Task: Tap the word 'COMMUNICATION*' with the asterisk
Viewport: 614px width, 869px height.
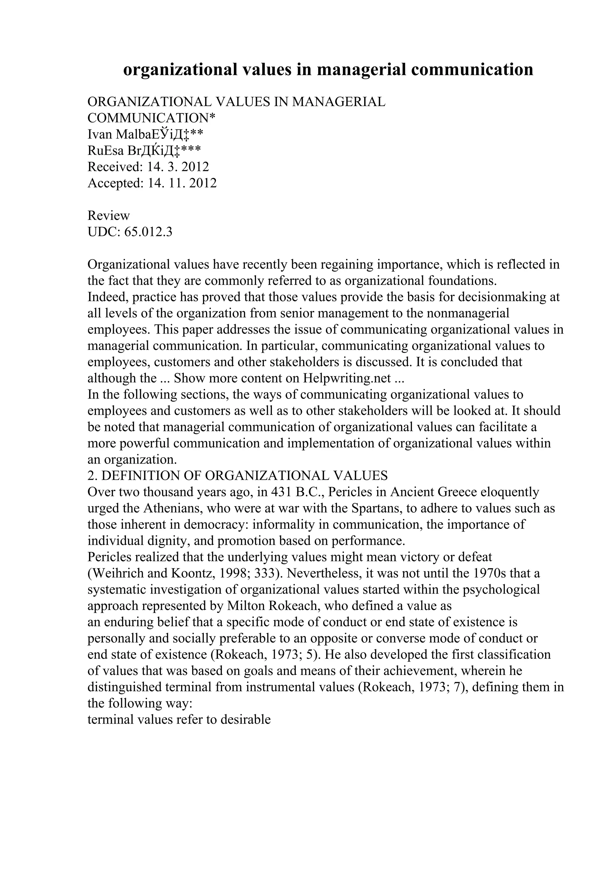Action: [151, 118]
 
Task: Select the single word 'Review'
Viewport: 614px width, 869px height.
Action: [109, 216]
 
